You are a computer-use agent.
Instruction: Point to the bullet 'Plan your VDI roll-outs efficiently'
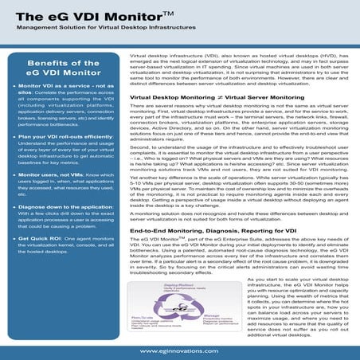[x=61, y=136]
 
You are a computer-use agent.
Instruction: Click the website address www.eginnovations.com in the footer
[x=180, y=350]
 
